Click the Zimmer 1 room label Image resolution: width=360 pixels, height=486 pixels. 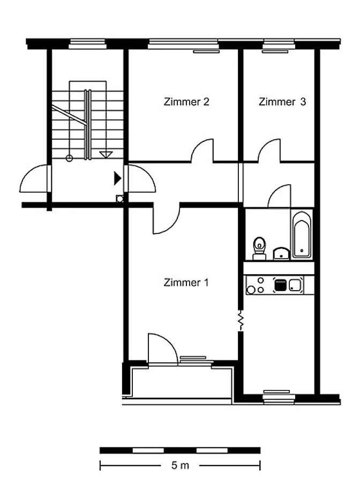186,283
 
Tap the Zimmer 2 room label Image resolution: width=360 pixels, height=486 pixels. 186,102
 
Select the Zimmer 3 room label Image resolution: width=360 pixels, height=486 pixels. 282,102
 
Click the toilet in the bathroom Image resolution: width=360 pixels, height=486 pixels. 259,248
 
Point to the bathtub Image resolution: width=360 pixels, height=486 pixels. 302,235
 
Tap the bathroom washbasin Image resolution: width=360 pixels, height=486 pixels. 281,254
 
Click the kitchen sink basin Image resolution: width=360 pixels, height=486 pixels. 295,285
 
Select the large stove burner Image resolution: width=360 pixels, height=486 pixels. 251,290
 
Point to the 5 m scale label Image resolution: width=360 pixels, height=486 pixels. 180,465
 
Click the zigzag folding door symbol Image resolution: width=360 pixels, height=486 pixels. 241,321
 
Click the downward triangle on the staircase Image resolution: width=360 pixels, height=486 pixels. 106,155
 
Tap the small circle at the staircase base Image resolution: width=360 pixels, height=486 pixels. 69,158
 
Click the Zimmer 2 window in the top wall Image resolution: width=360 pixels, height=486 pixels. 184,44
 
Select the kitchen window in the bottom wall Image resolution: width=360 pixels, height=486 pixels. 279,399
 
